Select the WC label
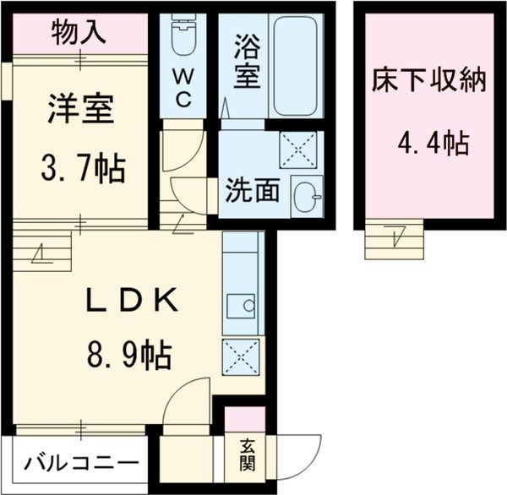point(183,88)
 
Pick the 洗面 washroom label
point(251,191)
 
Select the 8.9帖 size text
point(129,353)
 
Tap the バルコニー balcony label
point(81,463)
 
